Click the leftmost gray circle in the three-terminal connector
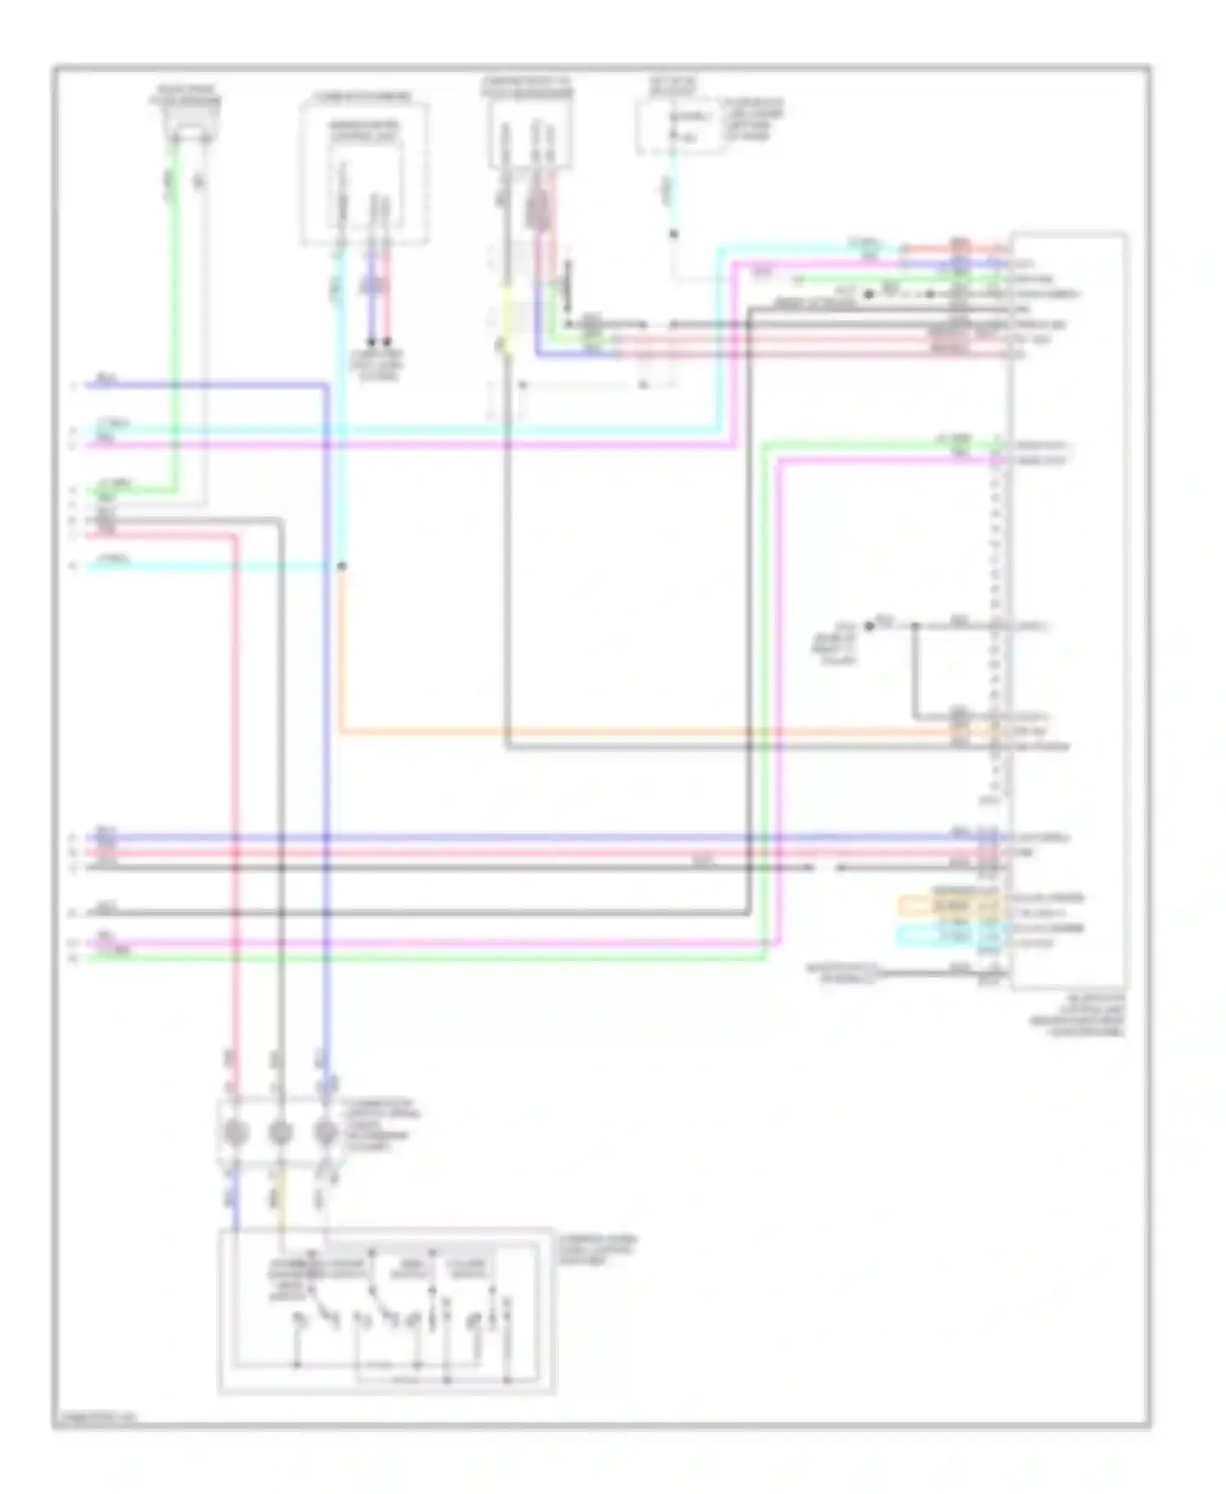[x=235, y=1133]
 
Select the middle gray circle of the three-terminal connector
[x=280, y=1133]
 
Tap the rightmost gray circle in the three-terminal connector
[x=326, y=1133]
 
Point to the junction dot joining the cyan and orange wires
[x=342, y=566]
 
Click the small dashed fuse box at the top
[x=679, y=127]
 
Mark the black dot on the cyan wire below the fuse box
[x=674, y=235]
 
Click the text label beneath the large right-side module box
[x=1087, y=1015]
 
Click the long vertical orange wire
[x=341, y=646]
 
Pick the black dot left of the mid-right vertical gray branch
[x=870, y=626]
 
